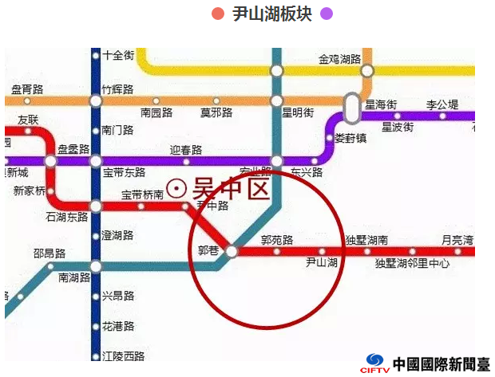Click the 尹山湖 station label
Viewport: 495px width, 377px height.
[x=323, y=262]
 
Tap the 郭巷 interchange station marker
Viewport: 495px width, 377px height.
[x=232, y=251]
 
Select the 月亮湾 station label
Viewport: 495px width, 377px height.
[x=457, y=240]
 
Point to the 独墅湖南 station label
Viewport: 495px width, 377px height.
[x=366, y=240]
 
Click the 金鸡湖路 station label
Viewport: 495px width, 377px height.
[x=340, y=59]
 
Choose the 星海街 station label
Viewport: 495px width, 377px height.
[x=381, y=104]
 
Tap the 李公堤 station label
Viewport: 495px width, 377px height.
[x=442, y=104]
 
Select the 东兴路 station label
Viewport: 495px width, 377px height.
[x=307, y=172]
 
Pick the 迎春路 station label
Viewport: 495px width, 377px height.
[x=186, y=150]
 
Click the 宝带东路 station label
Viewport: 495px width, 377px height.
[x=124, y=172]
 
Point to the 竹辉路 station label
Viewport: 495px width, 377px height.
[x=117, y=89]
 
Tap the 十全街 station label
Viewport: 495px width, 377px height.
[x=118, y=55]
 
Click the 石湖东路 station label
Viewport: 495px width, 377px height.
[x=67, y=217]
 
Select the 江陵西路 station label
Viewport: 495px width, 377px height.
[x=124, y=355]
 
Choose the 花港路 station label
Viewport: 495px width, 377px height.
[x=118, y=327]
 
